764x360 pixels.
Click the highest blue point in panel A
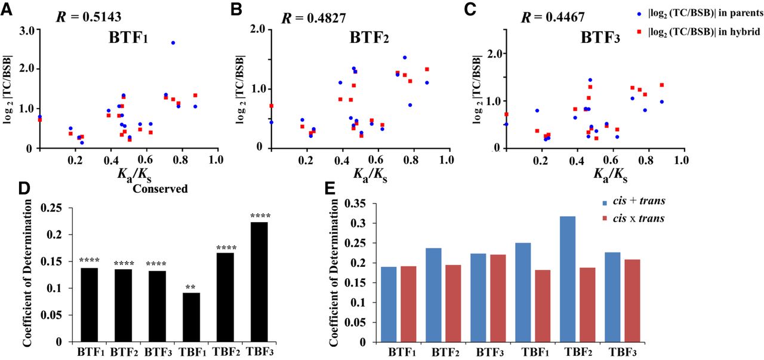coord(173,43)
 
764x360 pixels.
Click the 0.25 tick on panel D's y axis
coord(55,208)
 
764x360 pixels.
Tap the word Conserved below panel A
coord(161,189)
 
